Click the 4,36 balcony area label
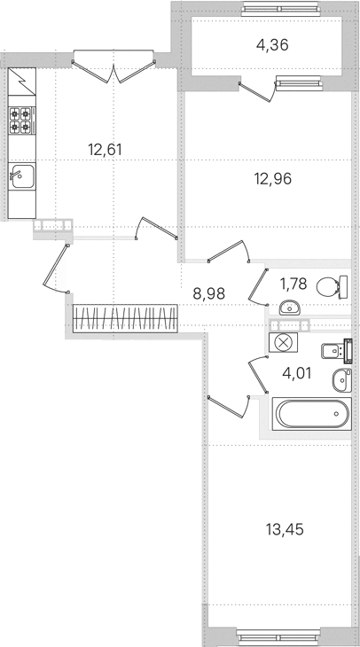click(272, 45)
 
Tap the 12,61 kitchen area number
click(105, 150)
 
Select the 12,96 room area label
click(273, 179)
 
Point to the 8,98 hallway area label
click(209, 293)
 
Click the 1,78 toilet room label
click(293, 284)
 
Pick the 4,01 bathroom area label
click(297, 373)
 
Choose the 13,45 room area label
click(285, 529)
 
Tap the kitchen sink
click(22, 176)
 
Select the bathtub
click(312, 414)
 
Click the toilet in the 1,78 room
click(332, 287)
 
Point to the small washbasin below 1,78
click(289, 307)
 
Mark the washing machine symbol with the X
click(283, 342)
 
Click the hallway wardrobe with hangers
click(126, 318)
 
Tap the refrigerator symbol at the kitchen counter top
click(22, 82)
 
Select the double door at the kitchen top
click(113, 69)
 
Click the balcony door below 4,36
click(258, 90)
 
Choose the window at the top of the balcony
click(280, 9)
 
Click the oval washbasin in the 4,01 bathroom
click(342, 380)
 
